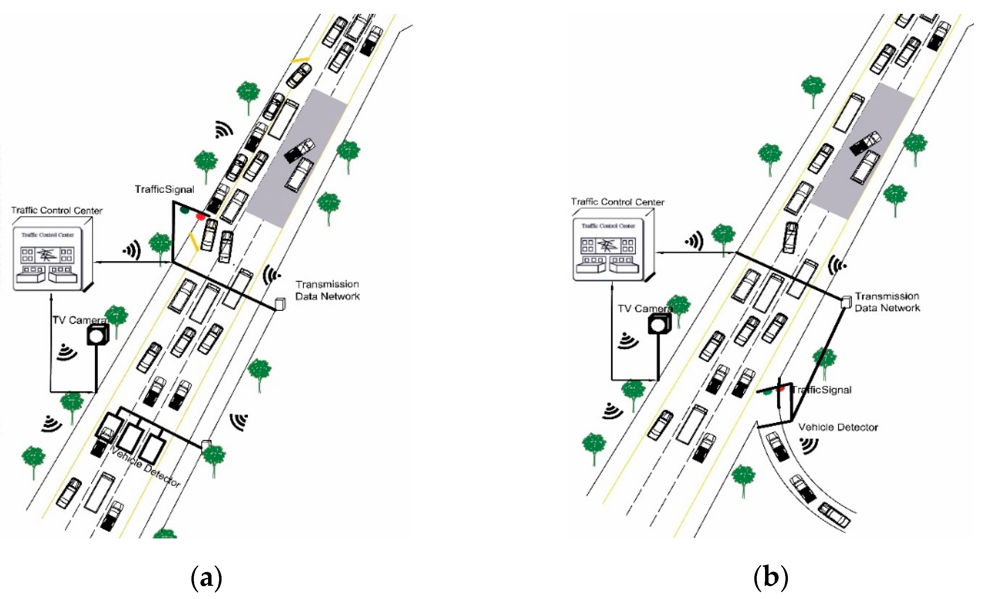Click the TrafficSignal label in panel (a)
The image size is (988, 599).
164,189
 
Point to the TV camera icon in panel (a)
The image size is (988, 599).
97,334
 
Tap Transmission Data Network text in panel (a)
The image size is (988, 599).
327,290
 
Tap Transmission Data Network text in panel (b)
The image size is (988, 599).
887,302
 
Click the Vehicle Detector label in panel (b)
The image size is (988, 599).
838,427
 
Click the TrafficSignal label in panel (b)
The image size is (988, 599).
822,390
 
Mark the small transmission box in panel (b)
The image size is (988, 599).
846,302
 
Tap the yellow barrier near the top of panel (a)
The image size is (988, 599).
300,60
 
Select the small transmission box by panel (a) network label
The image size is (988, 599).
280,304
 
